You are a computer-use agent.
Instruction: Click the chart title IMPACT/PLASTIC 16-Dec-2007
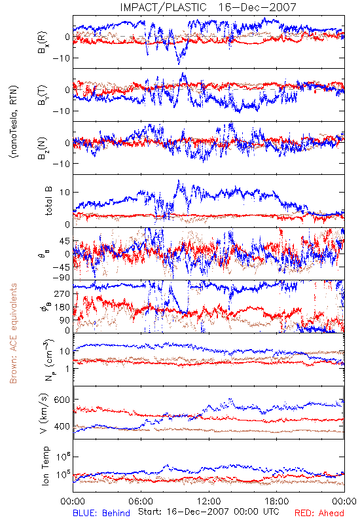point(208,7)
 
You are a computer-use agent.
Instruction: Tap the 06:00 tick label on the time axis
point(141,501)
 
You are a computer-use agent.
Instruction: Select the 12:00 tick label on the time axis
point(209,501)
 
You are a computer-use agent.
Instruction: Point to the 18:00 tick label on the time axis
point(277,501)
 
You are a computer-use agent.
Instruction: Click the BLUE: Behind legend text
point(101,513)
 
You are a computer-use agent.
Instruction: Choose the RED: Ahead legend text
point(319,513)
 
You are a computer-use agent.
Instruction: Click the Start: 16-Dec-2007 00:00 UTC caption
point(208,512)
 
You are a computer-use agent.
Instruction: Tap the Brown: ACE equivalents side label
point(13,333)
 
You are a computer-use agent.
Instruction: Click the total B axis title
point(48,201)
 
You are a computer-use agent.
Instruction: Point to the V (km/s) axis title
point(44,413)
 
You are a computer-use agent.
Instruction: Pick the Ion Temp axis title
point(45,466)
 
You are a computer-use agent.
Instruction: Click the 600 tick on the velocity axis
point(62,400)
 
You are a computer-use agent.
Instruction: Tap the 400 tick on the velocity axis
point(62,426)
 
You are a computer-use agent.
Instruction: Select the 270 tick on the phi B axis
point(62,293)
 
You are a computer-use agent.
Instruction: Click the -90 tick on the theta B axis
point(61,278)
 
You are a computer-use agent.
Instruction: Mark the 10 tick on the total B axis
point(65,192)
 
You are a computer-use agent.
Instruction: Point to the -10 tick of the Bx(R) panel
point(61,58)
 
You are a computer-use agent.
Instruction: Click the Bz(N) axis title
point(43,148)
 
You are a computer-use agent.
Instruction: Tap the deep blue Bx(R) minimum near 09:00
point(179,63)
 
